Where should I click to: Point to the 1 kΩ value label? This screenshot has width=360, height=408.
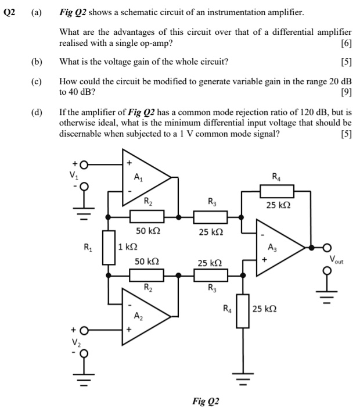128,247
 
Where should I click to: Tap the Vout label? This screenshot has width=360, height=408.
338,258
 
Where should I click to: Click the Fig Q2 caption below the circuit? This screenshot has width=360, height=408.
207,401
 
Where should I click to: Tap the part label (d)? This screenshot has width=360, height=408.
38,112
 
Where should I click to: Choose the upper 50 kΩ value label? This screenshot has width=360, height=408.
149,231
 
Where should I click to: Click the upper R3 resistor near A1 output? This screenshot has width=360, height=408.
210,217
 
